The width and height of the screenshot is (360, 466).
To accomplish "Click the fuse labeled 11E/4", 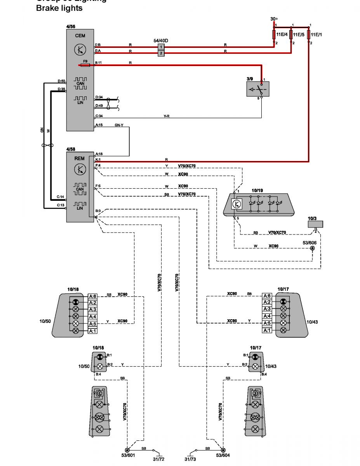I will click(275, 35).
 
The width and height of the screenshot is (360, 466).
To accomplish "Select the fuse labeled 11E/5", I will click(291, 35).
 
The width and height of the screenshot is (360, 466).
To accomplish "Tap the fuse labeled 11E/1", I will click(309, 35).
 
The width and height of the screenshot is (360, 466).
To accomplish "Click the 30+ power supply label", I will click(274, 19).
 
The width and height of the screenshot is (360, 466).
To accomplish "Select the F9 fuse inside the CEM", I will click(85, 66).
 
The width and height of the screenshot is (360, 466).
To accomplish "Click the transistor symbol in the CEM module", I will click(80, 49).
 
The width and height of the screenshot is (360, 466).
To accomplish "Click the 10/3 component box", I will click(315, 224).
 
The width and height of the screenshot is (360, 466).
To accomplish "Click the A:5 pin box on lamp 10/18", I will click(92, 323).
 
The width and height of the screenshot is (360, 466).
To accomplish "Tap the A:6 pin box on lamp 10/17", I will click(267, 296).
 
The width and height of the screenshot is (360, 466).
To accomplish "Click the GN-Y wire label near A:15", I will click(119, 125).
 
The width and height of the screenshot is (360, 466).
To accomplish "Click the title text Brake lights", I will click(59, 8).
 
